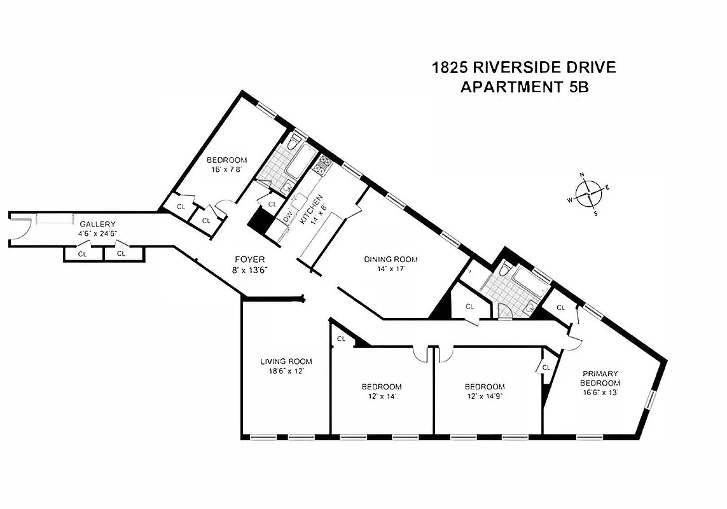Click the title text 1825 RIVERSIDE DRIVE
(x=523, y=67)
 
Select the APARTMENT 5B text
(x=523, y=87)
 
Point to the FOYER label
(x=250, y=260)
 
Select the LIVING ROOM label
(x=286, y=361)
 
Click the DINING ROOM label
(x=391, y=259)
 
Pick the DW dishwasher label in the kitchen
(x=288, y=216)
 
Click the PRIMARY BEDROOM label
(x=599, y=378)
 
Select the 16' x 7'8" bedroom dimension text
(x=226, y=170)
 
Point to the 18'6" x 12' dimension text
(x=286, y=371)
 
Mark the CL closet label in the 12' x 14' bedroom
(x=341, y=338)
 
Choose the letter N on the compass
(x=581, y=174)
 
